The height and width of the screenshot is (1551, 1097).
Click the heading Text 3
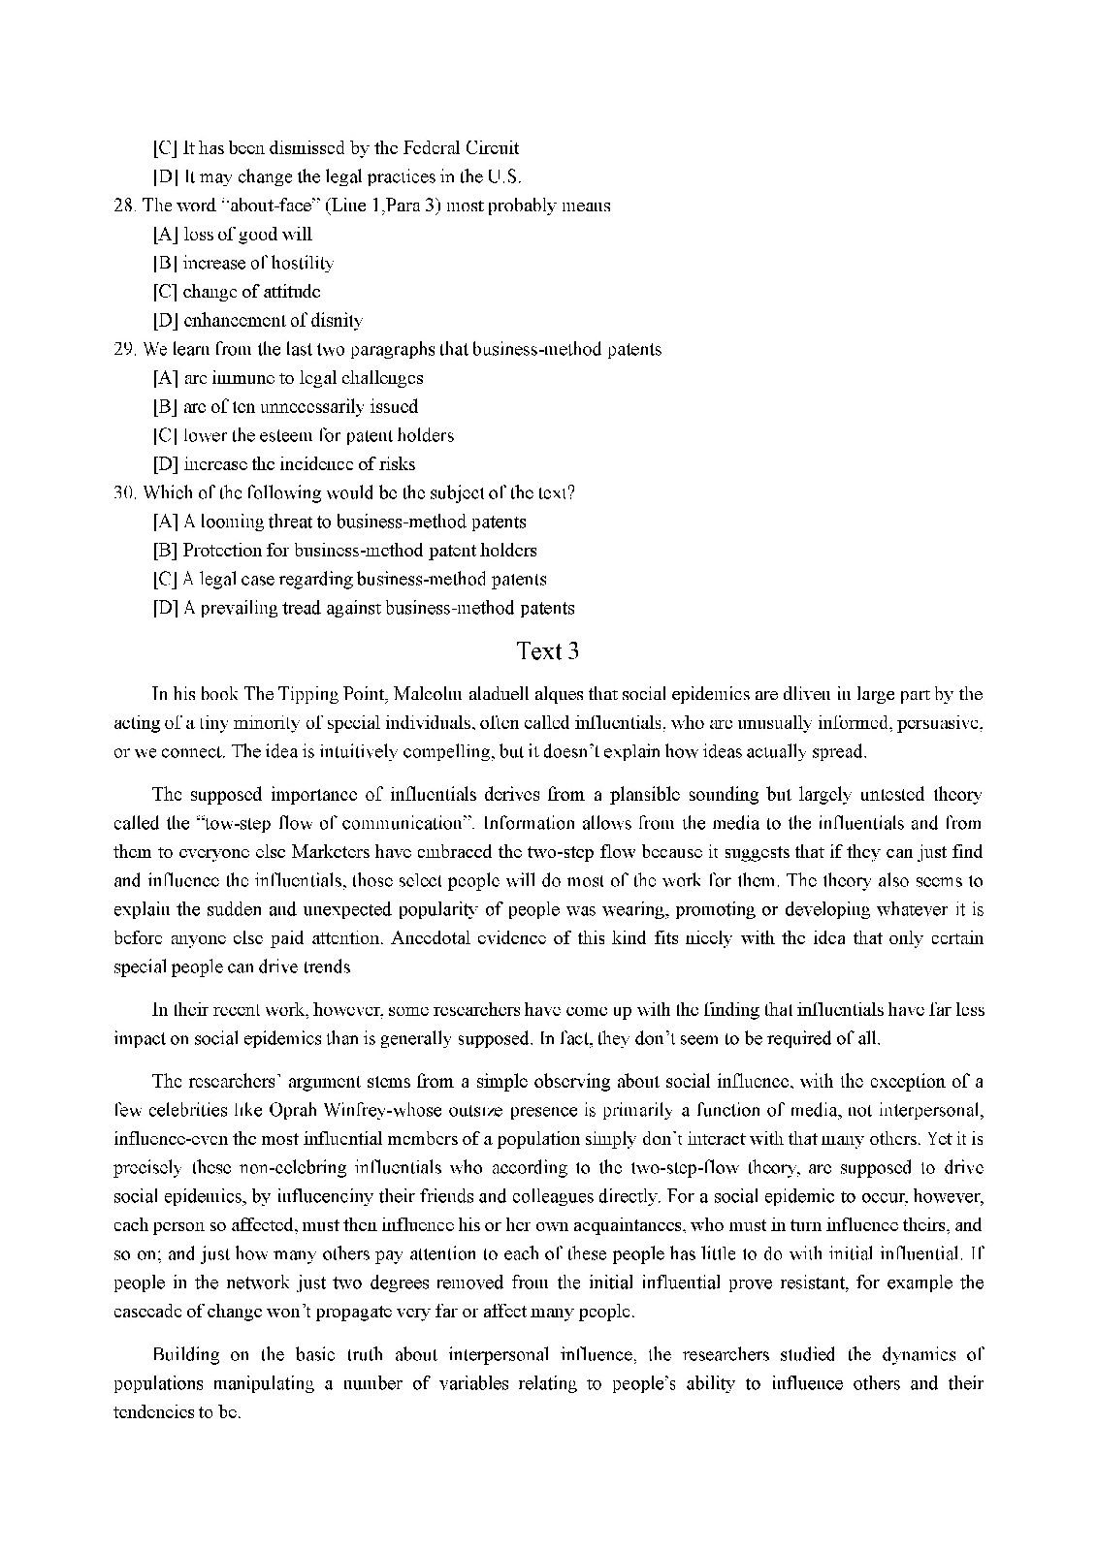pyautogui.click(x=548, y=651)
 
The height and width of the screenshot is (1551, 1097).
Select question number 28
pyautogui.click(x=124, y=206)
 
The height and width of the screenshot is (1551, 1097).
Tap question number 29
pyautogui.click(x=124, y=349)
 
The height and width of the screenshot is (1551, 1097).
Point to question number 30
pyautogui.click(x=124, y=492)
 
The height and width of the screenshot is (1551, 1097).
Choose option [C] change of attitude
pyautogui.click(x=237, y=292)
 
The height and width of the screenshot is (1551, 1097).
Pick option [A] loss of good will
pyautogui.click(x=232, y=235)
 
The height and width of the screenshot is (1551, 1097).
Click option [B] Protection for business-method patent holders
pyautogui.click(x=344, y=551)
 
